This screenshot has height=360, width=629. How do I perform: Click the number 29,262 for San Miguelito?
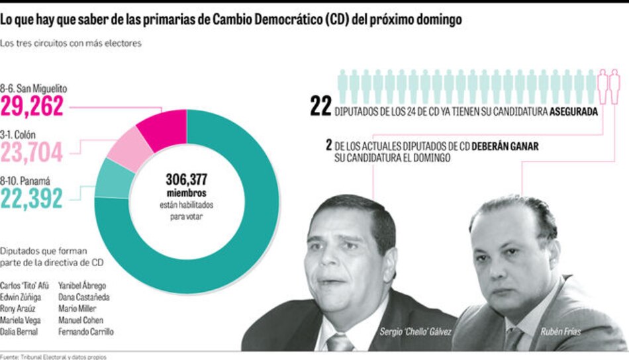tap(32, 106)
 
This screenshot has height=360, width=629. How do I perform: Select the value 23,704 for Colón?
tap(32, 152)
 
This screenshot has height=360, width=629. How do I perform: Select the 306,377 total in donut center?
tap(187, 179)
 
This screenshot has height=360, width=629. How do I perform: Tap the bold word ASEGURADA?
tap(573, 112)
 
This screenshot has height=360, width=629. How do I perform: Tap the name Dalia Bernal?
tap(19, 331)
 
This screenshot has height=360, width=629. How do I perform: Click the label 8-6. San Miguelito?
tap(34, 88)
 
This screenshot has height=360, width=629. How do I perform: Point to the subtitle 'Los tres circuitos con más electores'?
tap(72, 43)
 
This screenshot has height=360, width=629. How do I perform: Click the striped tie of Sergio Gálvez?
tap(340, 342)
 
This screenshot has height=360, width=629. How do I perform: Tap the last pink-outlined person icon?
tap(614, 86)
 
